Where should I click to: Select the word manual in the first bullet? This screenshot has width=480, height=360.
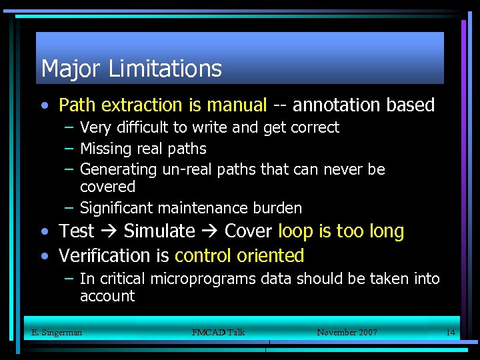237,105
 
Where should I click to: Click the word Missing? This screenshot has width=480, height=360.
106,149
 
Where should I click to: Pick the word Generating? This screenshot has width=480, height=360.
118,170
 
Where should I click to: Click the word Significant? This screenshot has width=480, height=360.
117,208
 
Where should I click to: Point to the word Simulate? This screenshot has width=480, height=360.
159,232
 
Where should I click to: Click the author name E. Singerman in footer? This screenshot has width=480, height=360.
57,332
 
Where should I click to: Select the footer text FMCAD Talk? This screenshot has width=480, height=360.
218,332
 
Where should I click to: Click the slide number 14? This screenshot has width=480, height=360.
450,332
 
